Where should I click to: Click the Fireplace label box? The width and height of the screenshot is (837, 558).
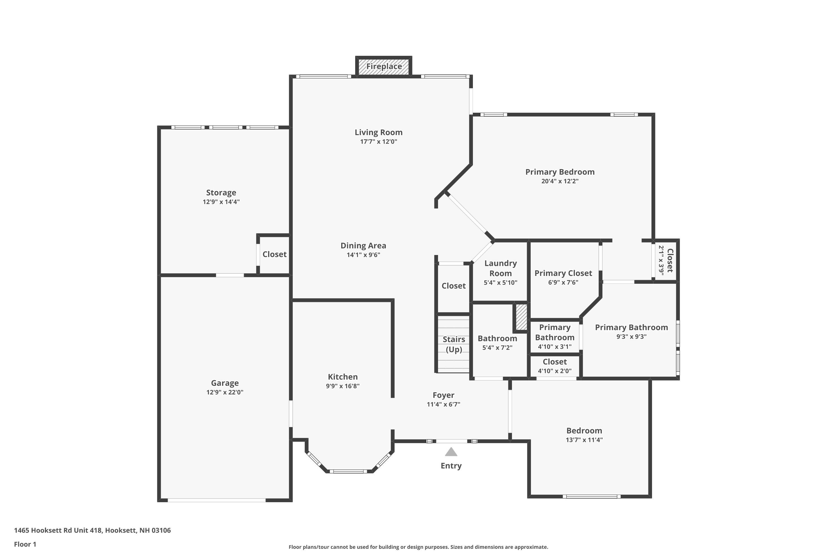[x=384, y=67]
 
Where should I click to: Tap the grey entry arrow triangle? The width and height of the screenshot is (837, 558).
[x=451, y=452]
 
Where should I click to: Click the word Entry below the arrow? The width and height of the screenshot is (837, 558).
[x=451, y=466]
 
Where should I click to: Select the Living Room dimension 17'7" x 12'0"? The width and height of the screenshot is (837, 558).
[x=378, y=142]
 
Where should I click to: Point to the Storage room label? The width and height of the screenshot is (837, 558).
[x=221, y=193]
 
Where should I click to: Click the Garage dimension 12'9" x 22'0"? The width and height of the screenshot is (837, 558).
[x=225, y=393]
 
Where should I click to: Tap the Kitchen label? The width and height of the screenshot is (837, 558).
[x=342, y=377]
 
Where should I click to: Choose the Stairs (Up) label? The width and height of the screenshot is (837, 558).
[x=454, y=344]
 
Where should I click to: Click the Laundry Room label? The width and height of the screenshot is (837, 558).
[x=500, y=268]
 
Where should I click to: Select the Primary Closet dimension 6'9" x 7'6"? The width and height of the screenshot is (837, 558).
[x=563, y=283]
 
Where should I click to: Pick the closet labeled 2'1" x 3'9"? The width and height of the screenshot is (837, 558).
[x=666, y=261]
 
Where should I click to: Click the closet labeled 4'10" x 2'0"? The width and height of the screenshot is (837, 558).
[x=554, y=366]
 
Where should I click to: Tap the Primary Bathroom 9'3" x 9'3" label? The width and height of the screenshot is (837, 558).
[x=631, y=327]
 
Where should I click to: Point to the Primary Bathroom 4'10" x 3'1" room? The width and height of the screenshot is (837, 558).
[x=554, y=337]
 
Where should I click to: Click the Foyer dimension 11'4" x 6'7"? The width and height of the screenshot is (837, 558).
[x=443, y=404]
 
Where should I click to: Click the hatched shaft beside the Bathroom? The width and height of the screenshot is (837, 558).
[x=521, y=317]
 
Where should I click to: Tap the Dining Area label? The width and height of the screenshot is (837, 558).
[x=363, y=246]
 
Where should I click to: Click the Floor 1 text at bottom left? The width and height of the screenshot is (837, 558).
[x=25, y=544]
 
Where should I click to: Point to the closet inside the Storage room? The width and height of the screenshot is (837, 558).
[x=274, y=254]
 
